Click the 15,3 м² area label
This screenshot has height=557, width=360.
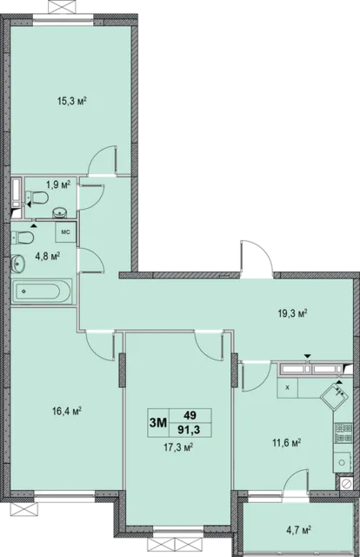point(72,102)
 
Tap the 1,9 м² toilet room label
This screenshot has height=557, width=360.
point(58,185)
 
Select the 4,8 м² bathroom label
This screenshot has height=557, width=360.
point(47,256)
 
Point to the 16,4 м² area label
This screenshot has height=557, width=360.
point(67,412)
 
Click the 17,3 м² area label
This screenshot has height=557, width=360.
point(178,447)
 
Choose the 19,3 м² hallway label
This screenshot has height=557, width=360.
point(292,313)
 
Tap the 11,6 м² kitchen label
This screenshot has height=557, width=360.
point(287,443)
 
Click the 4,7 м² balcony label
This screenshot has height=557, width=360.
point(298,530)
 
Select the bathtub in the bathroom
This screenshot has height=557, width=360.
point(42,292)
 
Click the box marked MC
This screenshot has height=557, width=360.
point(66,232)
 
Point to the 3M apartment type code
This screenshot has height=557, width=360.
point(158,423)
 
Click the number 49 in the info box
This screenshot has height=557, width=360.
point(190,415)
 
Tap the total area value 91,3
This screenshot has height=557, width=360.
point(189,430)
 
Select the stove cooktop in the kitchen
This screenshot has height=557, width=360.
point(343,433)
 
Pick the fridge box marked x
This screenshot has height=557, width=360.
point(287,388)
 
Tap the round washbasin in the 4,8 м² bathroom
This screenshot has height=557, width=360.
point(17,264)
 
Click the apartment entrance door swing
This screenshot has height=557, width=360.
point(257,257)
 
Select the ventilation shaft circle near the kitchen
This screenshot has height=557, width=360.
point(345,483)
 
